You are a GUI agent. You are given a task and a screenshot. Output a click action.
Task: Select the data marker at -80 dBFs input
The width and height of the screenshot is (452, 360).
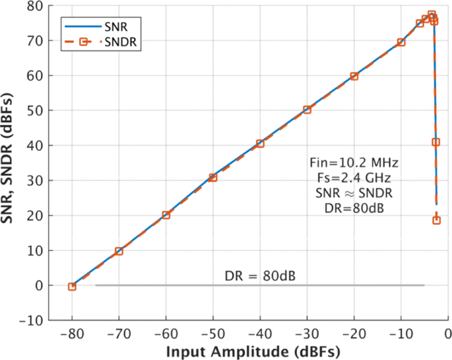72,286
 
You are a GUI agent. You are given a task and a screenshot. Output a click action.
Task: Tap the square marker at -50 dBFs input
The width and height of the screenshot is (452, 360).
213,177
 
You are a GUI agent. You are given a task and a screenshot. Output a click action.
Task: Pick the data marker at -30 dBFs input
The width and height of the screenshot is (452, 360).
307,109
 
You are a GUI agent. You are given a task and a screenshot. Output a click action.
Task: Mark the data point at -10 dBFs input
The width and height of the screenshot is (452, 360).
401,42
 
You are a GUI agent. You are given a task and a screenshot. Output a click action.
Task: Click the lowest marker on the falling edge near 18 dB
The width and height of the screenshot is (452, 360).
436,220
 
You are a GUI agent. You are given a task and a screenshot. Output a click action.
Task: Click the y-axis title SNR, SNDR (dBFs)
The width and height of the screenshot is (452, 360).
9,162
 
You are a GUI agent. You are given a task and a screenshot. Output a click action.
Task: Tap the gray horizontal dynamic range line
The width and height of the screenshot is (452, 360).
260,285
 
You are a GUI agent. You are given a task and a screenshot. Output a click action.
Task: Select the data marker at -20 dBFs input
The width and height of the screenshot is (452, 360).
354,76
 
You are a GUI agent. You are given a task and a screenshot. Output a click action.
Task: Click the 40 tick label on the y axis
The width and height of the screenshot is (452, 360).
36,146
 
